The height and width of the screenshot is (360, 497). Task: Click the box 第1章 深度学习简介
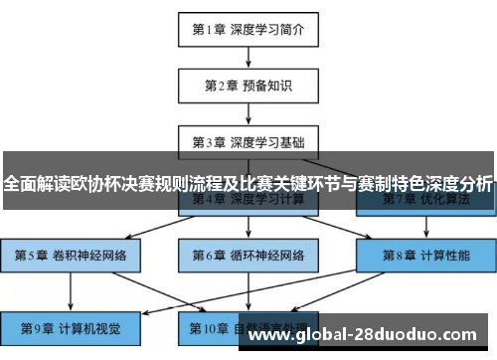248,30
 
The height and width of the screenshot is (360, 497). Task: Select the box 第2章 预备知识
248,86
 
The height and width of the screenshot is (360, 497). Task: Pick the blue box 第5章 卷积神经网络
71,255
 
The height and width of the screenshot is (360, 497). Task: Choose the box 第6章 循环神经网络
248,255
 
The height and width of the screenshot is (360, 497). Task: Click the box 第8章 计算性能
424,255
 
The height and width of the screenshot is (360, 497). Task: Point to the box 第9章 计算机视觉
71,326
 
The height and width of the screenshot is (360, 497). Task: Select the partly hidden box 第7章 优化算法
424,203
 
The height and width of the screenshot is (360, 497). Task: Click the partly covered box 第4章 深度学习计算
248,203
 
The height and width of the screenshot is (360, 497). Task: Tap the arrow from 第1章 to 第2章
248,58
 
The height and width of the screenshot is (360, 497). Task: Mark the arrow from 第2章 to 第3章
248,112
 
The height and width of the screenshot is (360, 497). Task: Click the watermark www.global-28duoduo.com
369,334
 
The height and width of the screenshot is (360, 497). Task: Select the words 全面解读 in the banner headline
38,184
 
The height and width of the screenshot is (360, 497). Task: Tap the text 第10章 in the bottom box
208,326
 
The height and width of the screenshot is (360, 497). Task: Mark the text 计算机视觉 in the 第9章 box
90,326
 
